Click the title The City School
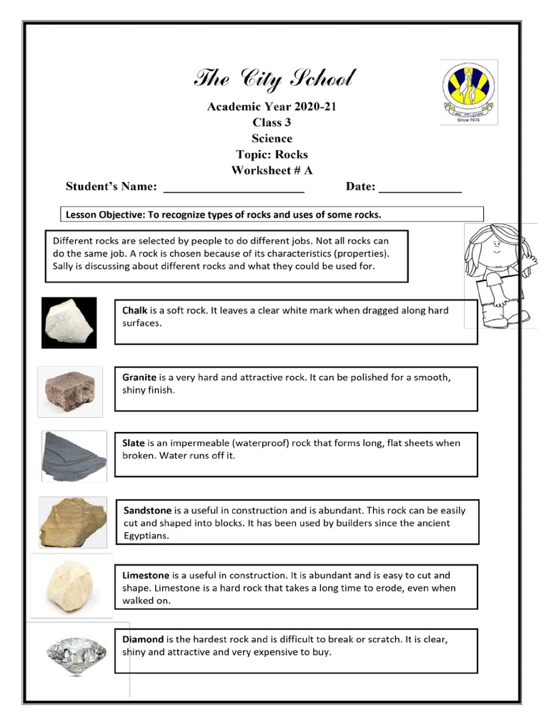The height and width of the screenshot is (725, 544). click(274, 79)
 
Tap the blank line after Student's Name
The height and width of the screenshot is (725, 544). click(234, 188)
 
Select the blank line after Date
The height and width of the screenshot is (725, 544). click(420, 188)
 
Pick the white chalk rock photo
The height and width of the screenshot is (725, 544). click(69, 322)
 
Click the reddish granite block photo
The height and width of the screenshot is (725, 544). click(69, 392)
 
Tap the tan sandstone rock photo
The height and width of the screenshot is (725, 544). click(73, 523)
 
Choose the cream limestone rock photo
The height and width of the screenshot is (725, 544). click(71, 588)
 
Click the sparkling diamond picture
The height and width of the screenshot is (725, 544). click(76, 653)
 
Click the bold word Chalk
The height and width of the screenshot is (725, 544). click(135, 311)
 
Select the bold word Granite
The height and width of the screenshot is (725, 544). click(140, 377)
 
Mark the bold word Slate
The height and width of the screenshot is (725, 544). click(133, 443)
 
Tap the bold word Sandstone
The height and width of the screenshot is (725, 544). click(147, 510)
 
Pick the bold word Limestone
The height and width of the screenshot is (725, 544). click(146, 576)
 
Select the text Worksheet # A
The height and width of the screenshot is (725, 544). click(271, 171)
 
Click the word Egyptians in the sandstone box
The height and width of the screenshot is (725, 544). click(147, 537)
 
